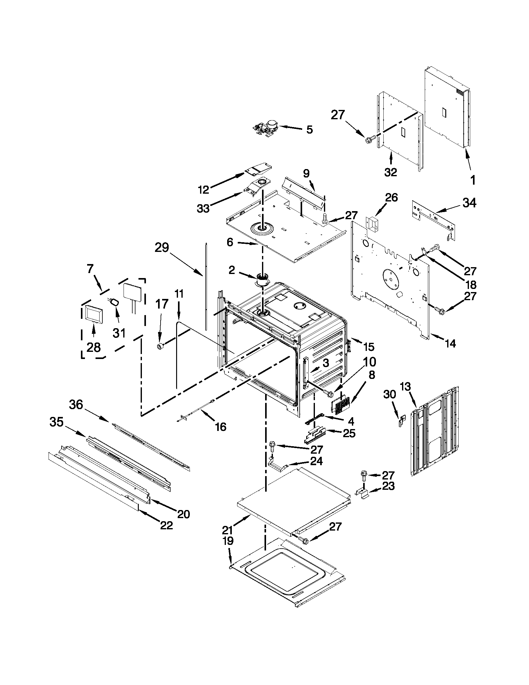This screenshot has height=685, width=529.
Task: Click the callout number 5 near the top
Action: (x=309, y=130)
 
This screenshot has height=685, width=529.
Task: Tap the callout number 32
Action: (x=391, y=172)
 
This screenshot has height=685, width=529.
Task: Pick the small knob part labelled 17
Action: (x=160, y=346)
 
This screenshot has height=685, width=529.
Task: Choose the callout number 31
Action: (x=119, y=333)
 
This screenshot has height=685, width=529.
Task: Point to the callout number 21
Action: (x=228, y=530)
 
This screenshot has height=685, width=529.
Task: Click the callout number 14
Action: (x=450, y=344)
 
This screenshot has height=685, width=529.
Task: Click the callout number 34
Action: (x=469, y=203)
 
